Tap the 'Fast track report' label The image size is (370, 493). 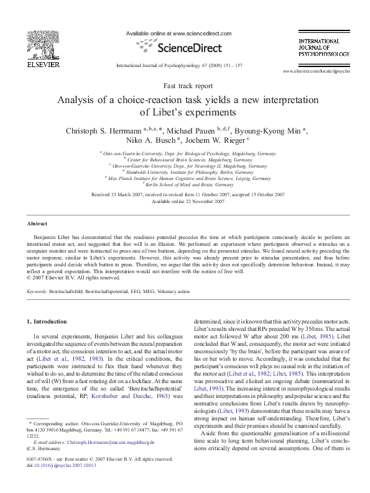[185, 87]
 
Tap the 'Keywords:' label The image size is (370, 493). [39, 291]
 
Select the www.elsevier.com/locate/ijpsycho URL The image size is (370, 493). [316, 72]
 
